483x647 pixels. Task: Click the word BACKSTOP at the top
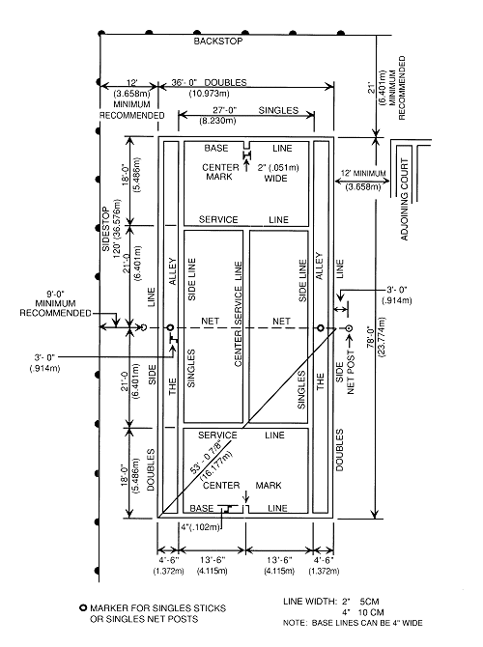pyautogui.click(x=218, y=41)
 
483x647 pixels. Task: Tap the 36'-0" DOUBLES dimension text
pyautogui.click(x=209, y=82)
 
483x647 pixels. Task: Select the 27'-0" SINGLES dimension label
pyautogui.click(x=255, y=110)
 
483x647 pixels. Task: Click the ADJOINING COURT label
pyautogui.click(x=404, y=199)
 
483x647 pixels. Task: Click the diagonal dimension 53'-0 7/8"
pyautogui.click(x=205, y=458)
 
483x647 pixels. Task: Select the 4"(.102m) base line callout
pyautogui.click(x=200, y=527)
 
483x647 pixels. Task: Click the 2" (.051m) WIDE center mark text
pyautogui.click(x=278, y=173)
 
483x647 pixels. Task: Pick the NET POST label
pyautogui.click(x=351, y=372)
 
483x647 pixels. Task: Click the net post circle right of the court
pyautogui.click(x=349, y=328)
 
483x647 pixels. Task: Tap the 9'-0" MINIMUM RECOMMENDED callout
pyautogui.click(x=55, y=303)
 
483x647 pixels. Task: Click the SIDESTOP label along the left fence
pyautogui.click(x=106, y=229)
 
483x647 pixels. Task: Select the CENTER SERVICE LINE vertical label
pyautogui.click(x=239, y=314)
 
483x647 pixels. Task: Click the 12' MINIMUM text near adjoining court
pyautogui.click(x=363, y=173)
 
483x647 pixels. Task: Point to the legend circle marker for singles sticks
pyautogui.click(x=83, y=607)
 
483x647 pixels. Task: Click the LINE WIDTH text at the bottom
pyautogui.click(x=310, y=602)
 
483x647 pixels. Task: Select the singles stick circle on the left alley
pyautogui.click(x=170, y=328)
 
